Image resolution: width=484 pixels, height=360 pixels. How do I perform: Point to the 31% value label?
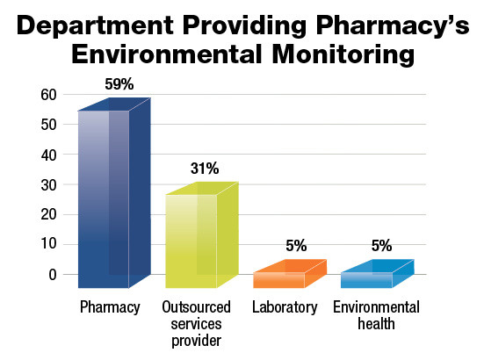coord(205,169)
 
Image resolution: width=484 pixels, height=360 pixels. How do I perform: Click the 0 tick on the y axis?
coord(52,274)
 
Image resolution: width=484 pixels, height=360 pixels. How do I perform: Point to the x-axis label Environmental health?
coord(376,315)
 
